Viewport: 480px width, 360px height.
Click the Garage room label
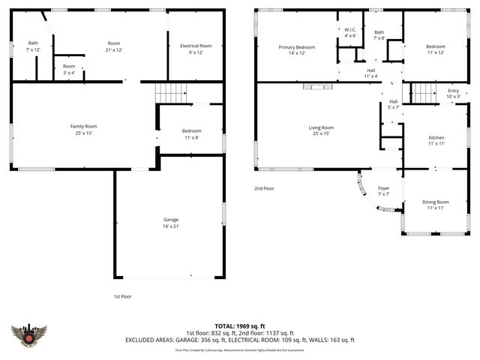click(x=171, y=223)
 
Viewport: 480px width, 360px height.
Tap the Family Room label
click(x=84, y=130)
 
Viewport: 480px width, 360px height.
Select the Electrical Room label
click(x=196, y=49)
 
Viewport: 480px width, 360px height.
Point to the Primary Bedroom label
click(x=297, y=50)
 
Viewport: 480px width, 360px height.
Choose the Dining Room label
click(x=436, y=205)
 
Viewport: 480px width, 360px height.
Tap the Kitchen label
click(x=436, y=140)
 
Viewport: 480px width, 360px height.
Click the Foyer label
click(x=383, y=191)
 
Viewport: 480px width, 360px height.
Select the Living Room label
click(x=321, y=130)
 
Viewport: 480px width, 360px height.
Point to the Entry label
click(x=453, y=94)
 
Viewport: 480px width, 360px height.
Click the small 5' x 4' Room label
click(x=68, y=69)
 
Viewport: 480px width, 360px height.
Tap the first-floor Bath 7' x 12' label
click(x=33, y=46)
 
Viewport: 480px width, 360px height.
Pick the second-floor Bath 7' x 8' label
click(x=379, y=35)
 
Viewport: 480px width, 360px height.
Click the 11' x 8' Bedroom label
click(x=191, y=134)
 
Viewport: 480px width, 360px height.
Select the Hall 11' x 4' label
click(x=370, y=73)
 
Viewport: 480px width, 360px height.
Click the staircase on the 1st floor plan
click(x=170, y=94)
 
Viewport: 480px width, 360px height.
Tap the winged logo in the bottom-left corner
click(x=30, y=334)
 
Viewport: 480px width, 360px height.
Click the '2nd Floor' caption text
click(x=264, y=188)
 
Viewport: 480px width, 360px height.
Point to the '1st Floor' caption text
click(x=123, y=296)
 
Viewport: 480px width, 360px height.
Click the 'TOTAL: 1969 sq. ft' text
click(x=239, y=325)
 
